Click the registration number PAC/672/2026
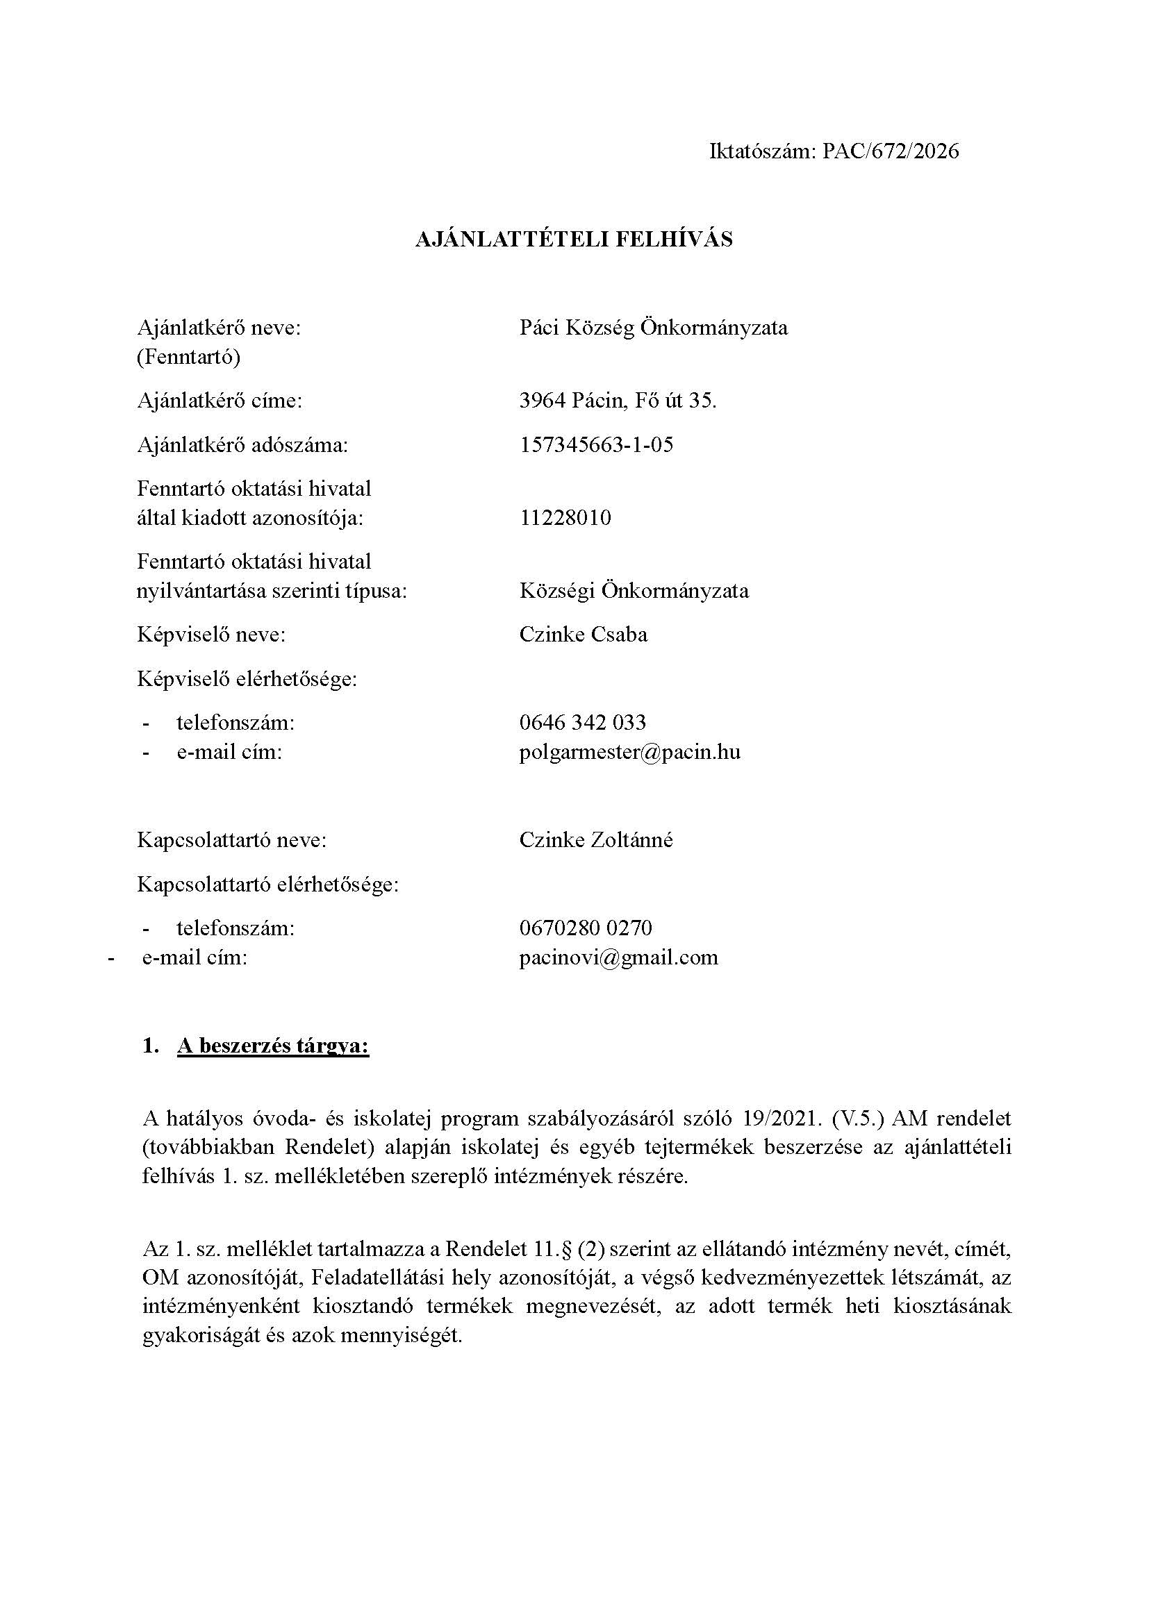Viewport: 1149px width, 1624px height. coord(890,151)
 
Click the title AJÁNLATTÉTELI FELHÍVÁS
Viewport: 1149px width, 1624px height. coord(574,240)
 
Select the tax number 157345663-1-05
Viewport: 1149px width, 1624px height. coord(596,445)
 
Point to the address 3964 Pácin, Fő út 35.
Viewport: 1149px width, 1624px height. coord(618,401)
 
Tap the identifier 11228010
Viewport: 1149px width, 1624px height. coord(565,518)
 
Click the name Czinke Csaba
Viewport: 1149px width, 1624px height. coord(583,634)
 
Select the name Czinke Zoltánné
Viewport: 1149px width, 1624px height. coord(596,840)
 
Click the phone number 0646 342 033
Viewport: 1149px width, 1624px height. coord(582,722)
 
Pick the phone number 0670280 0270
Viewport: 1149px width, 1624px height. coord(585,928)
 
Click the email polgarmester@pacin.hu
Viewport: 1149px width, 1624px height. coord(629,751)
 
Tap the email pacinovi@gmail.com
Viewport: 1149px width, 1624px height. coord(618,957)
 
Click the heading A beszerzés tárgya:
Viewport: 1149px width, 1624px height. coord(273,1046)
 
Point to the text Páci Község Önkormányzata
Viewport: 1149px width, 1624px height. coord(653,328)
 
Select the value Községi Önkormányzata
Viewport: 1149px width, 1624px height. coord(634,591)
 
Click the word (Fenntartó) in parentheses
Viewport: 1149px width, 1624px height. coord(188,358)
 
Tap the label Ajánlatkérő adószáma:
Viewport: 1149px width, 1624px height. coord(242,445)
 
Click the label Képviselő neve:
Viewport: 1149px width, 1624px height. coord(211,635)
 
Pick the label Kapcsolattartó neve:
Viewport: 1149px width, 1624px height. coord(231,840)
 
